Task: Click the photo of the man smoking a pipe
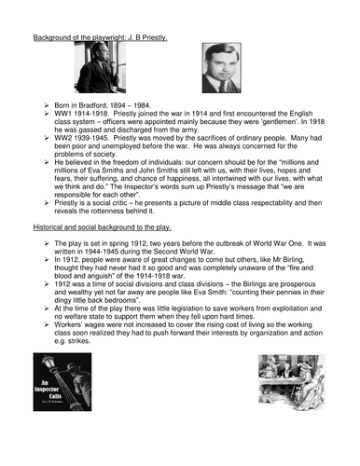100,68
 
